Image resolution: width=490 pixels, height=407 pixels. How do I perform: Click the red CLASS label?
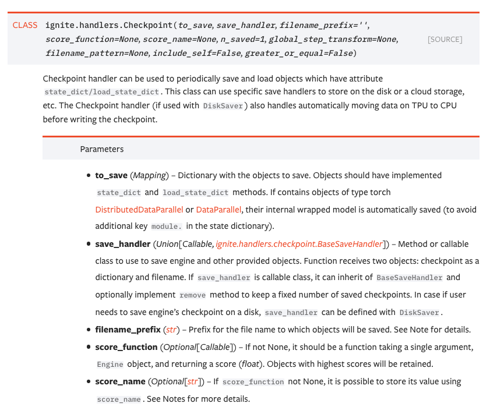(25, 25)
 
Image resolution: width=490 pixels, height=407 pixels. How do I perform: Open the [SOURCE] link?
(445, 40)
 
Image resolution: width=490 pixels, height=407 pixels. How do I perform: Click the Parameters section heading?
(102, 149)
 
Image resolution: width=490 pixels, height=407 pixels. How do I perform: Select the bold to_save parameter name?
(111, 175)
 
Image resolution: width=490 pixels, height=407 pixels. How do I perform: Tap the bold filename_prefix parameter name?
(128, 330)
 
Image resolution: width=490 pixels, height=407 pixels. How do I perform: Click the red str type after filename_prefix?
(171, 330)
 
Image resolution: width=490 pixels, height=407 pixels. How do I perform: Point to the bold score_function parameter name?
(126, 347)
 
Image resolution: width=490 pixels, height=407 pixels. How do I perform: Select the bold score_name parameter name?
(120, 381)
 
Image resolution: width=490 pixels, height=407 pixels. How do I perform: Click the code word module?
(167, 226)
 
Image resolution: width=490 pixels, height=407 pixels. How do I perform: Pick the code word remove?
(192, 295)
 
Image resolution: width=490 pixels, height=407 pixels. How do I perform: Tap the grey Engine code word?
(110, 364)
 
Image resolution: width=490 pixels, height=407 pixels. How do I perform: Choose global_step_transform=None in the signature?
(332, 39)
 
